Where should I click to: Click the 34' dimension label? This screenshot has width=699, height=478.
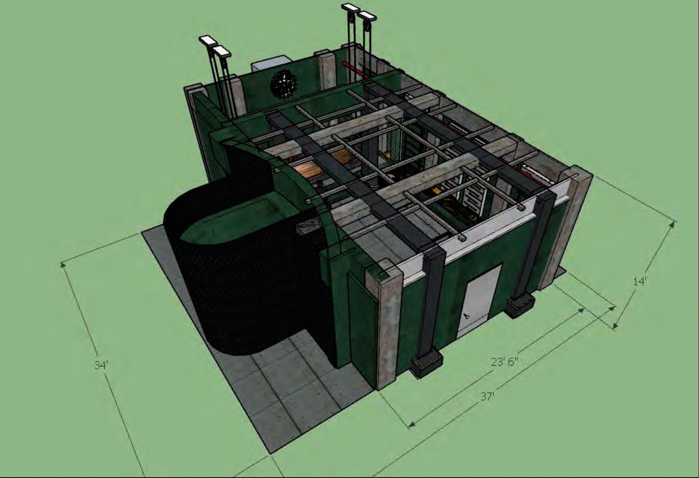101,365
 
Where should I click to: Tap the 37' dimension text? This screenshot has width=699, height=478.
487,396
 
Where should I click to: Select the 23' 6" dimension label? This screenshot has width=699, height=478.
505,362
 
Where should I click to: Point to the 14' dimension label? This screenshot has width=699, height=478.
639,281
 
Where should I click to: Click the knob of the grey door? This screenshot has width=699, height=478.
467,316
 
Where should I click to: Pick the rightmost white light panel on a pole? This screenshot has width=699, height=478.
367,16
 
